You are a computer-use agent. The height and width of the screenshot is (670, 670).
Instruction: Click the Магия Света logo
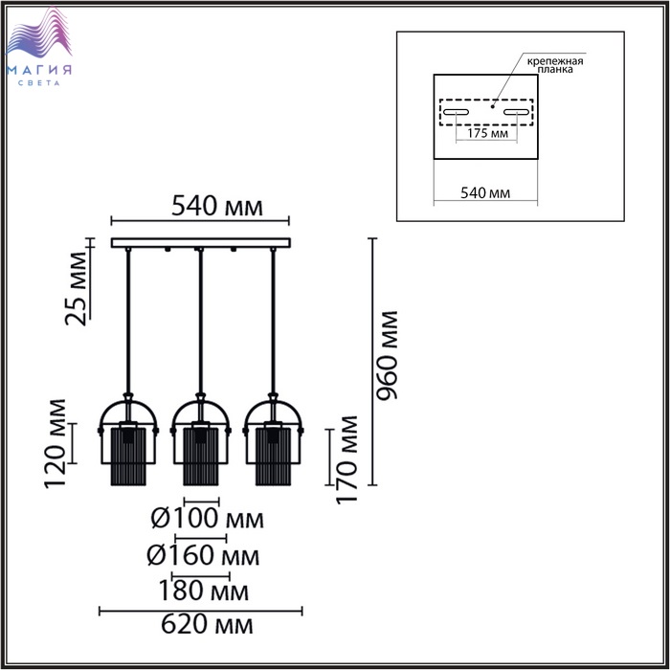39,46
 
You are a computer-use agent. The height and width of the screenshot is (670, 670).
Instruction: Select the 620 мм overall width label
207,625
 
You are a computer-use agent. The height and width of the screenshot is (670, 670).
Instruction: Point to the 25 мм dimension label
76,289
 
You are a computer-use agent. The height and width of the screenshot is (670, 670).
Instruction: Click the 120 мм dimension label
56,443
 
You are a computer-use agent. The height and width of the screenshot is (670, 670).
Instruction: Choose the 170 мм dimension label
346,459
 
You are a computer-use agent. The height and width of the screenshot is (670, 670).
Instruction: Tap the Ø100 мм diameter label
208,519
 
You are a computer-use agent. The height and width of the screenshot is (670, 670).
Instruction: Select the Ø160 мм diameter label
203,555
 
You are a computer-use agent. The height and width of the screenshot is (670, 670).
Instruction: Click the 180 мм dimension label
203,591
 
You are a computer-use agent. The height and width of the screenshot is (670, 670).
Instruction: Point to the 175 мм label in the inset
487,133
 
